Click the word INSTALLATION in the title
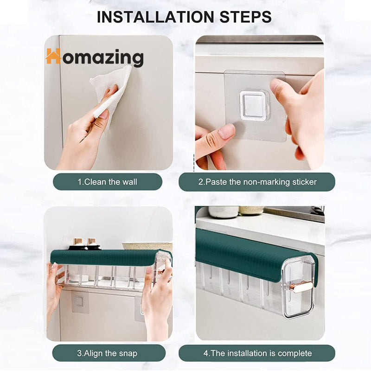coord(155,17)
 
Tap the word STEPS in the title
coord(245,17)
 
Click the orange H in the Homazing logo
coord(53,56)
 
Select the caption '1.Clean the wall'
coord(108,182)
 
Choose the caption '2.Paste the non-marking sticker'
coord(257,182)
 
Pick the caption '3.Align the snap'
coord(107,353)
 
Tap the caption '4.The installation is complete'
coord(257,353)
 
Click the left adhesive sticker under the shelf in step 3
coord(80,302)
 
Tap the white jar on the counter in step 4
coord(223,212)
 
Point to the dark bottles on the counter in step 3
coord(85,244)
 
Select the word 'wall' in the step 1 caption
coord(130,182)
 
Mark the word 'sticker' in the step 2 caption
coord(305,182)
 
